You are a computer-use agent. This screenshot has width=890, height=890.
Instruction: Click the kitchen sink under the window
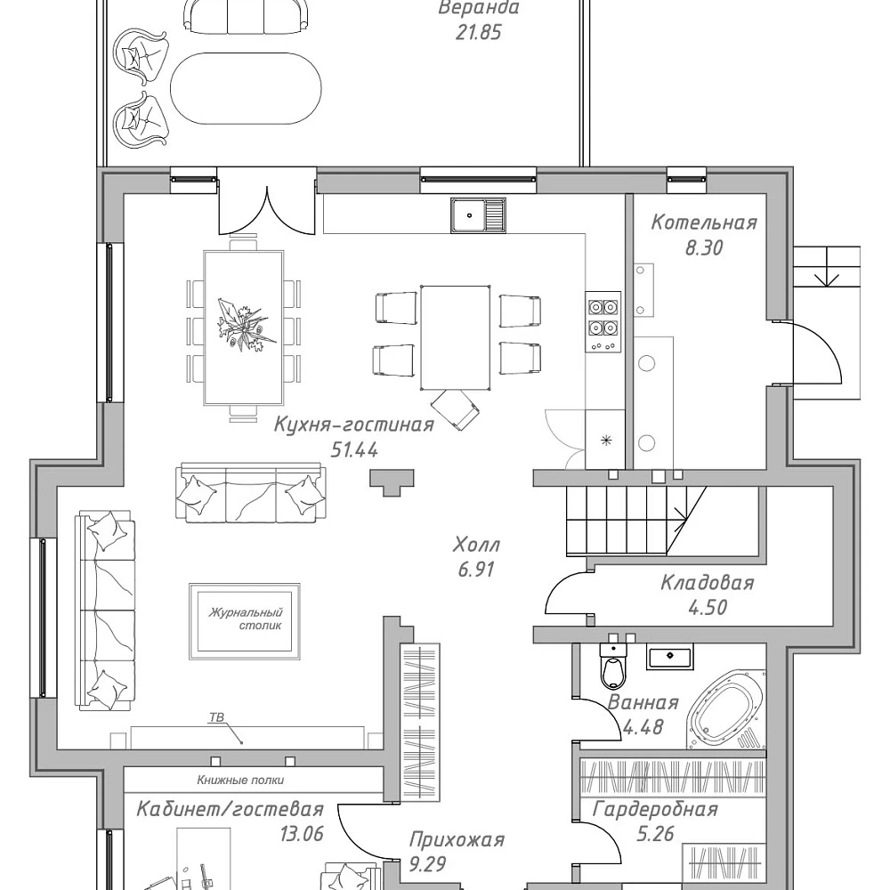pyautogui.click(x=478, y=214)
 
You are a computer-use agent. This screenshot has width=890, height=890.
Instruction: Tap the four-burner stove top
pyautogui.click(x=603, y=322)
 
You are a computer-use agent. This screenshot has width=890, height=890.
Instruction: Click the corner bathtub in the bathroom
pyautogui.click(x=725, y=710)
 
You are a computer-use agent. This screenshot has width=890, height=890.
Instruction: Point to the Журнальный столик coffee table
pyautogui.click(x=245, y=621)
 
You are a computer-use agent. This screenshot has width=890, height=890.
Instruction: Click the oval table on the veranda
pyautogui.click(x=246, y=88)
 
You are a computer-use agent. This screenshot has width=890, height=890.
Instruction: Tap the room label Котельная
pyautogui.click(x=704, y=222)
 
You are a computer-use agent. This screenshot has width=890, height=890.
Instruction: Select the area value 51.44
pyautogui.click(x=354, y=450)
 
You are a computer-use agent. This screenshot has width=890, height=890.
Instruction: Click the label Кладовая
pyautogui.click(x=708, y=582)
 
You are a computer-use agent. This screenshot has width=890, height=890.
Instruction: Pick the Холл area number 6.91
pyautogui.click(x=476, y=569)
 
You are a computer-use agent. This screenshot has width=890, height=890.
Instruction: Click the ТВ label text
pyautogui.click(x=217, y=717)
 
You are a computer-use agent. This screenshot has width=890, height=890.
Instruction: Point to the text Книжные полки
pyautogui.click(x=240, y=780)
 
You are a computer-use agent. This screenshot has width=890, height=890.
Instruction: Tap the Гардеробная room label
pyautogui.click(x=656, y=809)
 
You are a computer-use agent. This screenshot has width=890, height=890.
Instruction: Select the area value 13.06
pyautogui.click(x=302, y=833)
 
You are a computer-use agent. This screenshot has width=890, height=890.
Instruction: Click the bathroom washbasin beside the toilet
pyautogui.click(x=669, y=656)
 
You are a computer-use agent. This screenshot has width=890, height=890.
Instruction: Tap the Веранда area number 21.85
pyautogui.click(x=479, y=32)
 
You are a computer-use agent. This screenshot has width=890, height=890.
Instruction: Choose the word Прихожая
pyautogui.click(x=457, y=839)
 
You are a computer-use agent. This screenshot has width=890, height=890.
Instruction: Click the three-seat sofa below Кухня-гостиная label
pyautogui.click(x=251, y=492)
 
